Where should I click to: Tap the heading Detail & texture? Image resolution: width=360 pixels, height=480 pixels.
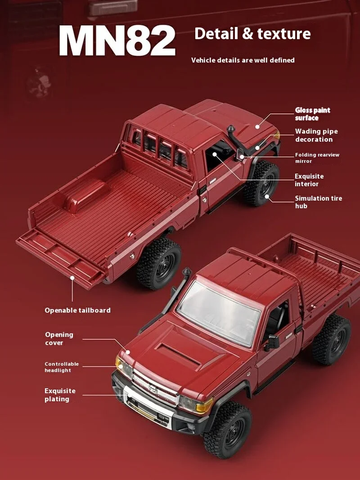pos(252,34)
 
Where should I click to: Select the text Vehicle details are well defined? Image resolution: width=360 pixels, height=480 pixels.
pos(243,60)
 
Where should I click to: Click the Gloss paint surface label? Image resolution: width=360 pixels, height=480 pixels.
pos(313,114)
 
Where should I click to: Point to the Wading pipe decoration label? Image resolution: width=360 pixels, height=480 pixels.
pos(316,135)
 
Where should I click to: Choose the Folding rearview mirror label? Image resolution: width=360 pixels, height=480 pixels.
pos(317,158)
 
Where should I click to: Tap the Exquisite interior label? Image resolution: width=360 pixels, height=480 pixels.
pos(309,180)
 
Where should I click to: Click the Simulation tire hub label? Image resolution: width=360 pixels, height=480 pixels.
pos(318,202)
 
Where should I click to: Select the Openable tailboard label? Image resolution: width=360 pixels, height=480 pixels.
pos(77,310)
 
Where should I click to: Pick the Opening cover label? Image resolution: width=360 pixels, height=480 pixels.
pos(59,339)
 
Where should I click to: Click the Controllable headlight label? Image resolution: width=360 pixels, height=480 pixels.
pos(62,367)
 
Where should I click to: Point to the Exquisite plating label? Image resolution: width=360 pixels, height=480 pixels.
pos(60,395)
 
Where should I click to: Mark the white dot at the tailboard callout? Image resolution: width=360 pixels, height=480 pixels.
pos(72,278)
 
